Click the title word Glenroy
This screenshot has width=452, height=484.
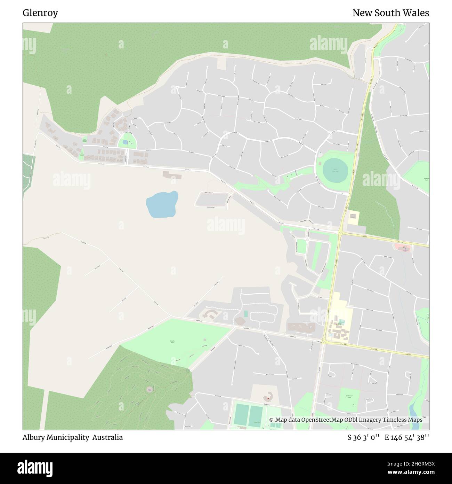coord(40,13)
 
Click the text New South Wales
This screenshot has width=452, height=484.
coord(390,13)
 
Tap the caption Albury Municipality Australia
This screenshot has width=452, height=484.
coord(73,437)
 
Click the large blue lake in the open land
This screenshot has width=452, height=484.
coord(162,205)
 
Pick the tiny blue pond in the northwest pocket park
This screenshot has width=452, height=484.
coord(125,142)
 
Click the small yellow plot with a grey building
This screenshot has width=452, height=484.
coord(354,218)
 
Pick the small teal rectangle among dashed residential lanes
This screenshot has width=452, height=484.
coord(246,314)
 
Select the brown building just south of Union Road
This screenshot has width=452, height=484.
coord(172,175)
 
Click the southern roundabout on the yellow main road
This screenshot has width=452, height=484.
coord(324,342)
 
